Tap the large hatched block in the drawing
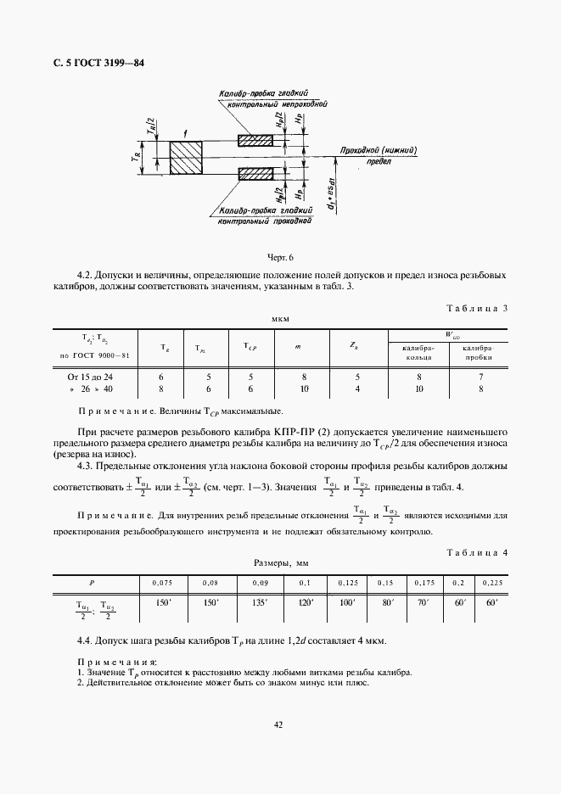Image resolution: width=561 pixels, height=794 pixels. pos(186,156)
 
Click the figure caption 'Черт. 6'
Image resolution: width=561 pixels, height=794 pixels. pos(280,257)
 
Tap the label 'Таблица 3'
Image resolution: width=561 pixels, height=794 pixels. pos(476,308)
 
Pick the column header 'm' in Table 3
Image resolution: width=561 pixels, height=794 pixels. pos(298,347)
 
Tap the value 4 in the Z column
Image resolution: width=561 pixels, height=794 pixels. pos(357,389)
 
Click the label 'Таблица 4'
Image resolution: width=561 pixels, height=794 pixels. pos(476,552)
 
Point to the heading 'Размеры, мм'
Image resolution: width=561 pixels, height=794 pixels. pos(280,562)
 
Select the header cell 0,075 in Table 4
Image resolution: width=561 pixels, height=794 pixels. pos(161,584)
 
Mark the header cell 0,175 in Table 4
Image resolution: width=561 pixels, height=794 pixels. pos(424,584)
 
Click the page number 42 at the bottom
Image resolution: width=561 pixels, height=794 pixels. pos(279,724)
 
